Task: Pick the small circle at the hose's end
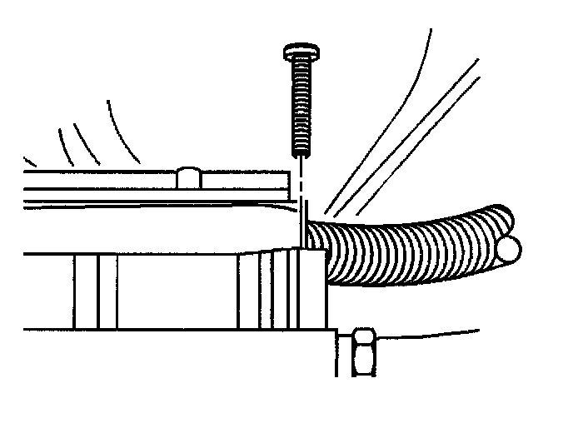click(x=510, y=247)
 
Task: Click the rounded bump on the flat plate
click(x=189, y=177)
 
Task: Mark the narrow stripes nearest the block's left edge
click(x=95, y=291)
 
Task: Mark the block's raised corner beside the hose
click(x=312, y=254)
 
